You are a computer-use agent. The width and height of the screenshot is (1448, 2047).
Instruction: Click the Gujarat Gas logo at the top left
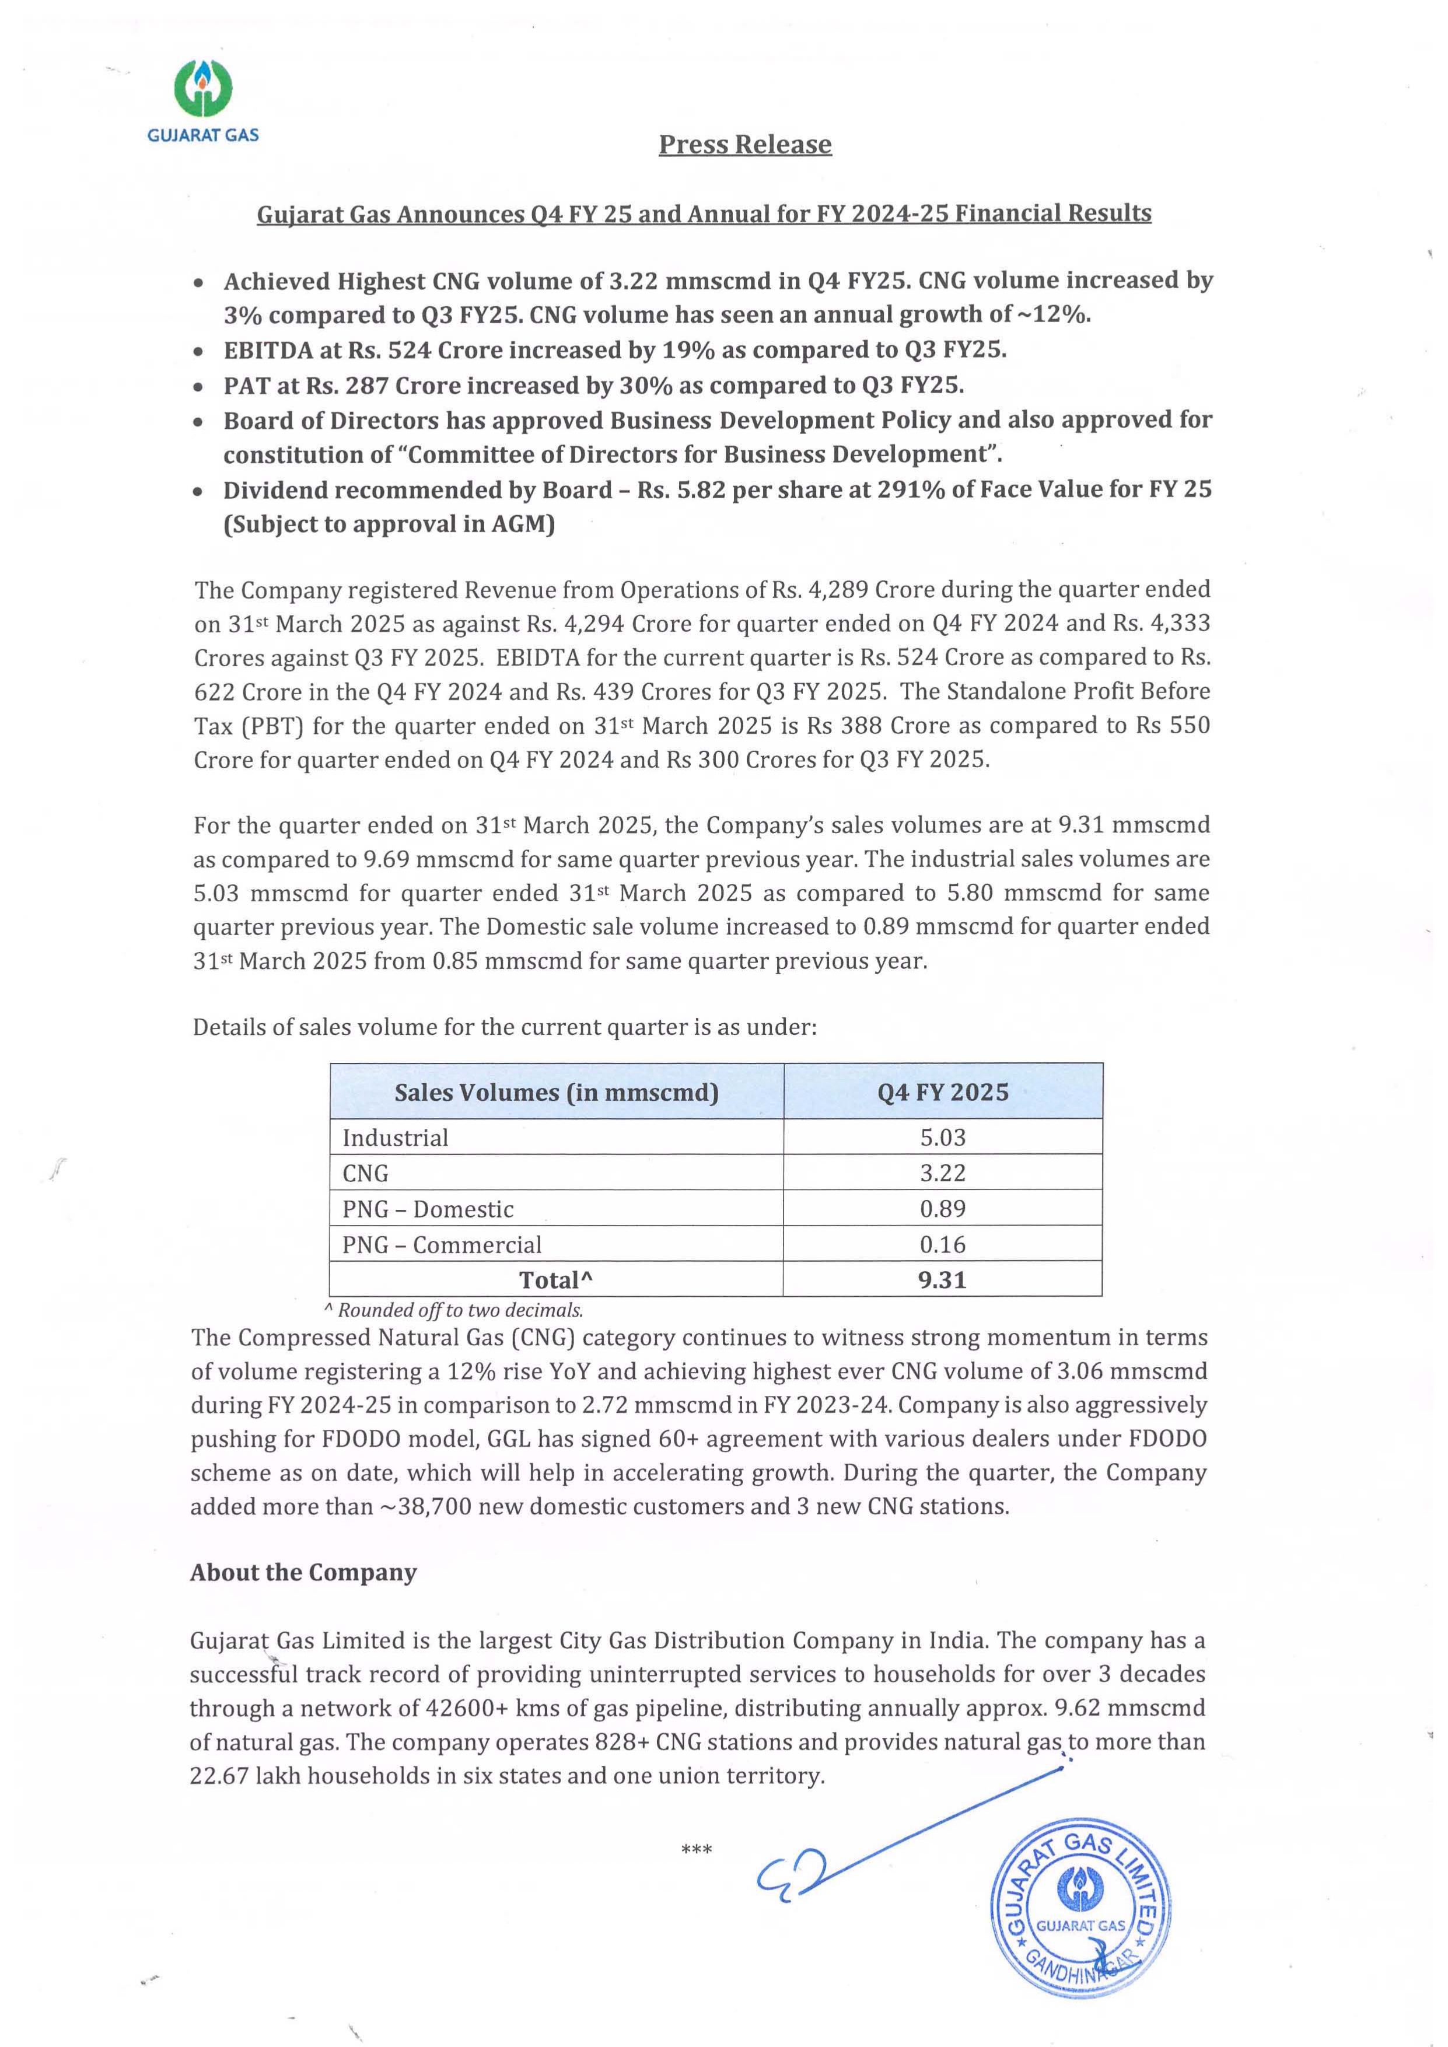[203, 100]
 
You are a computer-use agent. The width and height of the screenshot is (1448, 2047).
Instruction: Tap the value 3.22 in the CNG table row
[942, 1173]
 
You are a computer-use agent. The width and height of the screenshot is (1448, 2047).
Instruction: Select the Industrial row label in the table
[395, 1138]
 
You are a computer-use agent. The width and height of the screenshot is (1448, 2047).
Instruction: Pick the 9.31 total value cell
[942, 1280]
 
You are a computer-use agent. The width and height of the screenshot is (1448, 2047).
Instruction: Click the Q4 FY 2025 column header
[942, 1092]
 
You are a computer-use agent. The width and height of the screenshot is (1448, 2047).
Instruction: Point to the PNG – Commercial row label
[442, 1245]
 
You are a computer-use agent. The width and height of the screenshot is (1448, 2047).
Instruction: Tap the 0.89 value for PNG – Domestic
[942, 1209]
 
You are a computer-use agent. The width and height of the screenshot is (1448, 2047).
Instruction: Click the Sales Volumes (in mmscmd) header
[557, 1092]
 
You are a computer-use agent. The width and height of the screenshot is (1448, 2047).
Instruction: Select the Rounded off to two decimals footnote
[454, 1310]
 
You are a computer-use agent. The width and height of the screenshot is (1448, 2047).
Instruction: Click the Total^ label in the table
[555, 1280]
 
